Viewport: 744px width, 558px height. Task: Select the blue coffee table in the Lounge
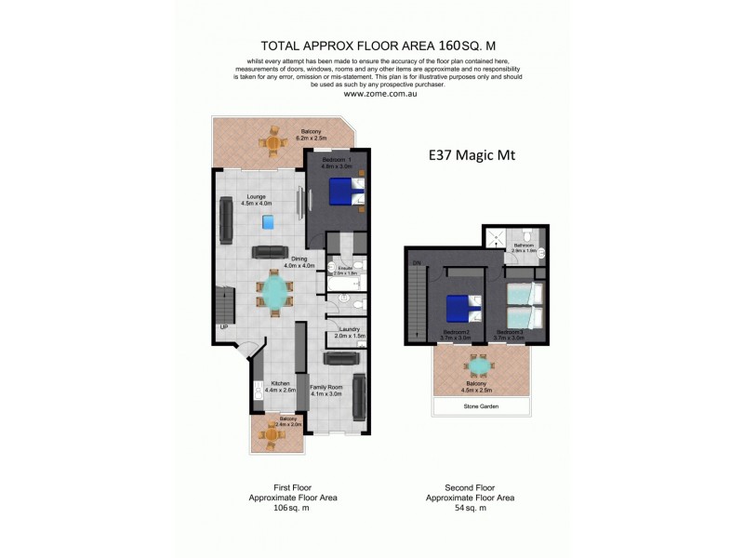click(269, 221)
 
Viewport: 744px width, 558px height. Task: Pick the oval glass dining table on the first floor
click(274, 293)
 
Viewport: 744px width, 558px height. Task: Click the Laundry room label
click(350, 330)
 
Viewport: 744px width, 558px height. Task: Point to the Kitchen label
click(280, 383)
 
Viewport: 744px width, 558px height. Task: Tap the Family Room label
click(325, 386)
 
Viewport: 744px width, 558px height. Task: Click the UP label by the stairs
click(224, 326)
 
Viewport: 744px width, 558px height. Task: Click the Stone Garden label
click(481, 406)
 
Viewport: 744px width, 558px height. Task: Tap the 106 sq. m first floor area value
click(291, 508)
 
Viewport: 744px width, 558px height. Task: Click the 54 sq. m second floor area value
click(469, 508)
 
